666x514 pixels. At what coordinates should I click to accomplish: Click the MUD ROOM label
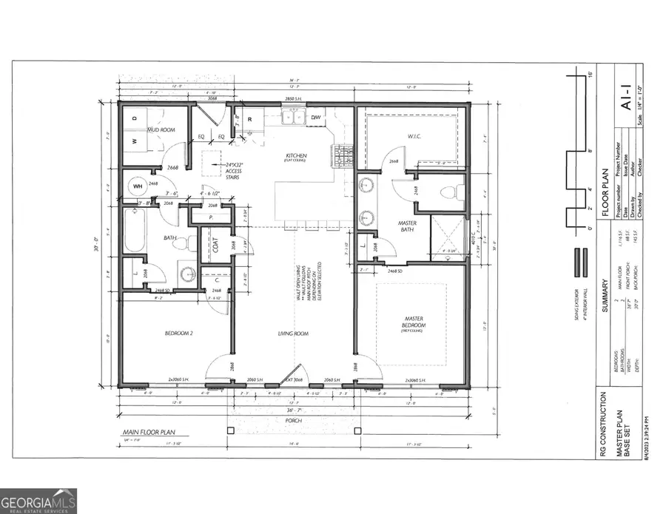(x=160, y=129)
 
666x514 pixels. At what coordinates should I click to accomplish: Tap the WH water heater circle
(x=138, y=187)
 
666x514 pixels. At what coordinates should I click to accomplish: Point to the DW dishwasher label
(x=315, y=118)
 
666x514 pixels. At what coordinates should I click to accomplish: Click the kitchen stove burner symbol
(x=344, y=155)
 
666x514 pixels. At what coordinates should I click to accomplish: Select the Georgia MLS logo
(x=38, y=500)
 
